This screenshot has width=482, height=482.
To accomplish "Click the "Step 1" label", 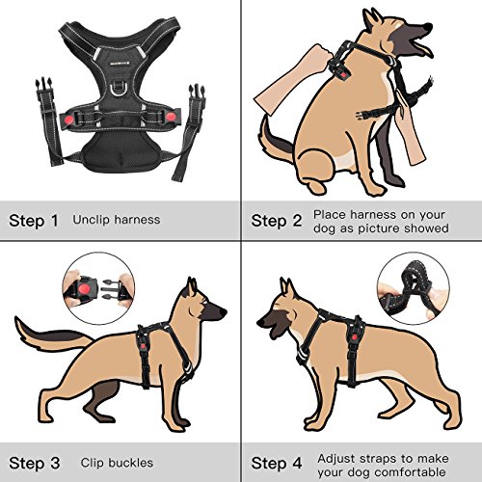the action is pyautogui.click(x=34, y=221).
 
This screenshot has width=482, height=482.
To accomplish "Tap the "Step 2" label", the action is pyautogui.click(x=277, y=221).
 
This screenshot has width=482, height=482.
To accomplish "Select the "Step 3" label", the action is pyautogui.click(x=35, y=463).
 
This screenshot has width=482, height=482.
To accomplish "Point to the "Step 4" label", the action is pyautogui.click(x=277, y=463).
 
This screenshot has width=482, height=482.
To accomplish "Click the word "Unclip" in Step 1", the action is pyautogui.click(x=92, y=220).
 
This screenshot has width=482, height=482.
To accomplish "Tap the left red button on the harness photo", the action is pyautogui.click(x=68, y=120).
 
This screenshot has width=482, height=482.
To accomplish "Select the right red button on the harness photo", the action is pyautogui.click(x=171, y=117).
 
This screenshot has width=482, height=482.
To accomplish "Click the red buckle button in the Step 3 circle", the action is pyautogui.click(x=84, y=288).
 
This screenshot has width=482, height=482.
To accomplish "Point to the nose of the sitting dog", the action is pyautogui.click(x=427, y=27).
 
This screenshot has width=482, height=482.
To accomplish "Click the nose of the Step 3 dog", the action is pyautogui.click(x=223, y=311).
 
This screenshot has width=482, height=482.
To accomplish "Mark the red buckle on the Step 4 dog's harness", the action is pyautogui.click(x=355, y=337).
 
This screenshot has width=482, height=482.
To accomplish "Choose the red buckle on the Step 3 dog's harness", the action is pyautogui.click(x=144, y=347).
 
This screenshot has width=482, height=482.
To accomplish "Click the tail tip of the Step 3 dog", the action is pyautogui.click(x=16, y=319).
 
